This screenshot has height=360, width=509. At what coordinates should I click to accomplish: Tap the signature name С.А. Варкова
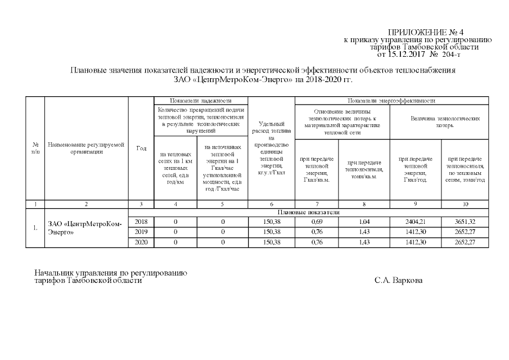tap(398, 280)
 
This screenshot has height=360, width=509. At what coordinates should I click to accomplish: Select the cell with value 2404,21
tap(416, 222)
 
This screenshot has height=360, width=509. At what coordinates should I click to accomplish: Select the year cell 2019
tap(141, 232)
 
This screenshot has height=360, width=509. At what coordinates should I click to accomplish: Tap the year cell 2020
tap(141, 242)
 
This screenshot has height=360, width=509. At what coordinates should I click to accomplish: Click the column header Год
tap(141, 148)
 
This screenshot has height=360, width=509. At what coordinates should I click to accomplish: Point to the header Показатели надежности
tap(200, 100)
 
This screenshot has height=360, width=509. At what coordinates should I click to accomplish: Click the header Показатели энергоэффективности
tap(391, 100)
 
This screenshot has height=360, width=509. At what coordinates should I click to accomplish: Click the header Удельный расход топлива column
tap(271, 148)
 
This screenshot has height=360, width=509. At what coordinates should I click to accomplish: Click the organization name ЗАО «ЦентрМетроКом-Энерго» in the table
tap(84, 228)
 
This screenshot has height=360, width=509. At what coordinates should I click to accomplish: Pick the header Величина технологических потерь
tap(439, 123)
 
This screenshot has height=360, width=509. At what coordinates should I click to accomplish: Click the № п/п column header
tap(35, 148)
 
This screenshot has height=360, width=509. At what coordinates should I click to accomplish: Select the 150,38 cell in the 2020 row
tap(271, 242)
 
